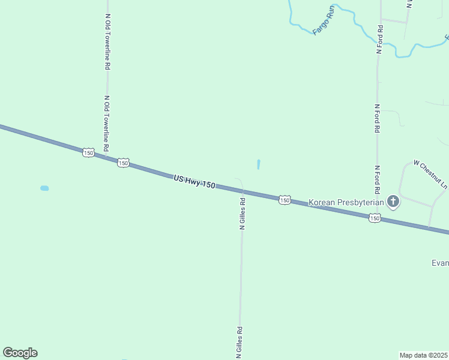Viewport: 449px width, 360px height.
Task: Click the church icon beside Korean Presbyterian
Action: [393, 202]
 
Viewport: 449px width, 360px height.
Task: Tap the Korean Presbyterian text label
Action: [346, 203]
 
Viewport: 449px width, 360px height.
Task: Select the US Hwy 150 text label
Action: [194, 182]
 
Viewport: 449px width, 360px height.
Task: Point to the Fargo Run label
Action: [322, 20]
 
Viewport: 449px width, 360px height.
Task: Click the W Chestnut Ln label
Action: [430, 175]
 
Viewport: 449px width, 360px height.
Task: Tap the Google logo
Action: [20, 353]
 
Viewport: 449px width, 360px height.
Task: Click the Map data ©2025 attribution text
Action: [423, 355]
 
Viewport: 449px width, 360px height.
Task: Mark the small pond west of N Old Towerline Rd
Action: [44, 188]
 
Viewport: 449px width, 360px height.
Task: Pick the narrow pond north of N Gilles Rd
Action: [259, 164]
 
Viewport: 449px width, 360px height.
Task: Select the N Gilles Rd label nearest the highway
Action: [242, 214]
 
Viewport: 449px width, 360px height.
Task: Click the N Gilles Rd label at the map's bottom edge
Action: [239, 343]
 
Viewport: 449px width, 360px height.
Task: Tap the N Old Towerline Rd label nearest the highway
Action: [106, 124]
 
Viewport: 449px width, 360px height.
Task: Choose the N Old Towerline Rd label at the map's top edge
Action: [107, 42]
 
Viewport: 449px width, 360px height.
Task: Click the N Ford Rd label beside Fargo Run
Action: [379, 40]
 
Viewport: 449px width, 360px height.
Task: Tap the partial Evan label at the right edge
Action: [440, 263]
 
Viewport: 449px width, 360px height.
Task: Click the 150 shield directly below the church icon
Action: [375, 219]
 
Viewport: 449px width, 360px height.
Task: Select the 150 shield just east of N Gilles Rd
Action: [285, 200]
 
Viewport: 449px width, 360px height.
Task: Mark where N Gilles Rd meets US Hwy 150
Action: [243, 191]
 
